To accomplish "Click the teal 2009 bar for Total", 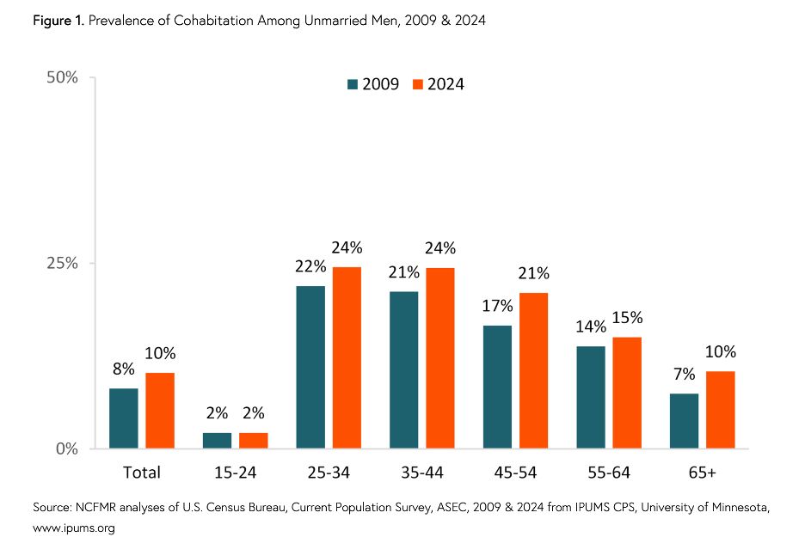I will (124, 418).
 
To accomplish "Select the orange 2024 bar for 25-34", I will (347, 357).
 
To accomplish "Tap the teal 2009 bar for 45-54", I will (497, 387).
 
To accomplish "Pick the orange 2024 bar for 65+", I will (721, 410).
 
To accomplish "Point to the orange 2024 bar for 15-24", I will (254, 440).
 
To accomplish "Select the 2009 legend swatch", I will (352, 84).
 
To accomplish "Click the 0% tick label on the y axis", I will (65, 448).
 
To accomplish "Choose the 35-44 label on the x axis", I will (421, 473).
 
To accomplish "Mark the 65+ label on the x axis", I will (702, 473).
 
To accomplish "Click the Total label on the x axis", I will (142, 473).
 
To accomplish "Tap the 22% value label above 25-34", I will (310, 267).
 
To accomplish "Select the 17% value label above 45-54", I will (497, 307).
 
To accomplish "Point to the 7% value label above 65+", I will (684, 375).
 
